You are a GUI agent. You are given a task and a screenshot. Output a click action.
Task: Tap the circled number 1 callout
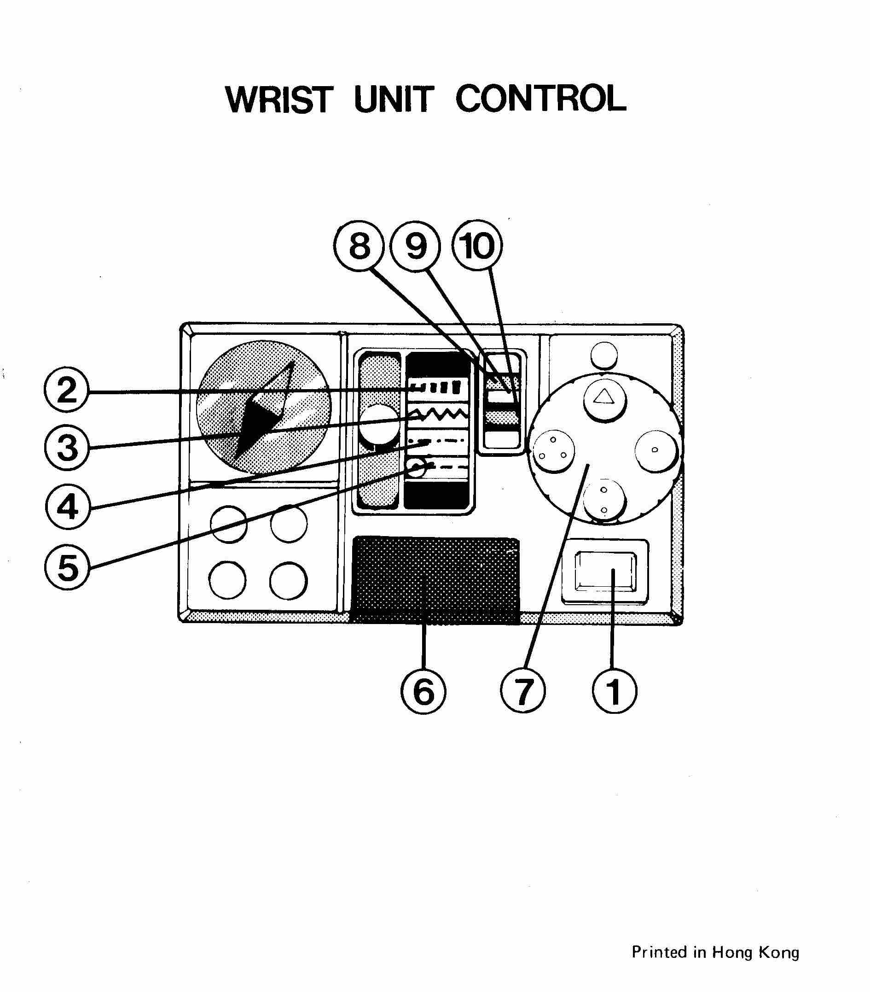[x=614, y=691]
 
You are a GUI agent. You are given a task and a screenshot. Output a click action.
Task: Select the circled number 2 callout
[x=67, y=390]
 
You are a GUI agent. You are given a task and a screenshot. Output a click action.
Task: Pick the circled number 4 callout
[x=68, y=507]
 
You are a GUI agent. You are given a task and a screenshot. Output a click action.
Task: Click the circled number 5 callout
[x=68, y=566]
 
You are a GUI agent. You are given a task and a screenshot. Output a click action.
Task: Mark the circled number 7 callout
[x=522, y=691]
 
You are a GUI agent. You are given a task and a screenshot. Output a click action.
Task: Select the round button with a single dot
[x=655, y=450]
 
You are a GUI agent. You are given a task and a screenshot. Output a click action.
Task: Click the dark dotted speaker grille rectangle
[x=435, y=579]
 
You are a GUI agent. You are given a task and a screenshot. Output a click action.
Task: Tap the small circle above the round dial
[x=604, y=355]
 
